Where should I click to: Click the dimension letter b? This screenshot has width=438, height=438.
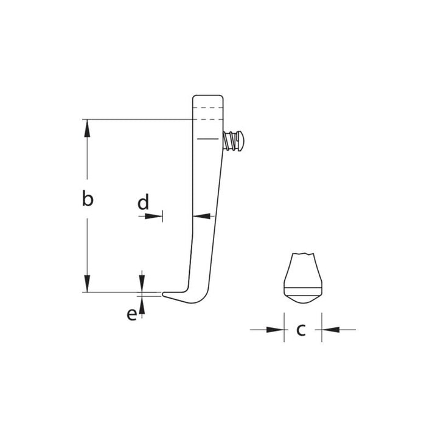pos(88,198)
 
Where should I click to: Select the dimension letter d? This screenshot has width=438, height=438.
pos(143,202)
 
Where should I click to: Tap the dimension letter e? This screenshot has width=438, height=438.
pos(132,315)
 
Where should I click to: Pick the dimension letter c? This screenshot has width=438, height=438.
pos(301,330)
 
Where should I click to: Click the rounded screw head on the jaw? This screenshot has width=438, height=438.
pos(240,141)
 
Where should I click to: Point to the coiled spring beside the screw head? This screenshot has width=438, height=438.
pos(229,141)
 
